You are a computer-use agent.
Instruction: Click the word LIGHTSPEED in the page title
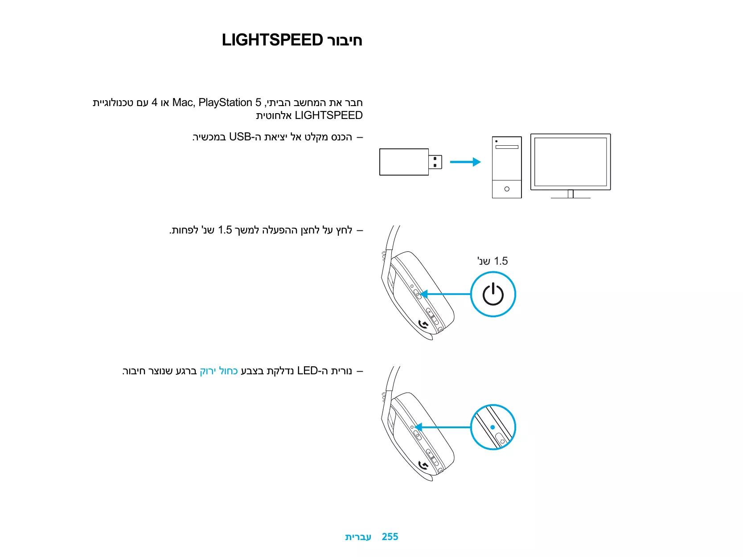click(272, 40)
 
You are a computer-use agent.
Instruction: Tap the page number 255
click(390, 537)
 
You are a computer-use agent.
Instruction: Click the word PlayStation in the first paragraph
click(225, 102)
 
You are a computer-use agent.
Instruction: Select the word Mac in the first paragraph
click(183, 102)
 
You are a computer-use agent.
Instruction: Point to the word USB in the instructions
click(240, 137)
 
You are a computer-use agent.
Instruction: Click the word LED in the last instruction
click(307, 371)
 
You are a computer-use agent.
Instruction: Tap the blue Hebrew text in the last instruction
click(218, 371)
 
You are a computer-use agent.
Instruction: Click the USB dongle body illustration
click(404, 162)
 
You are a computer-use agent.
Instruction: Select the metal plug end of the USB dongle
click(435, 162)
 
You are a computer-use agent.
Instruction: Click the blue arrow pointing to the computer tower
click(465, 162)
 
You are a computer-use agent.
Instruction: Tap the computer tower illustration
click(507, 167)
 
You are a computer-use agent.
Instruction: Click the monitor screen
click(571, 161)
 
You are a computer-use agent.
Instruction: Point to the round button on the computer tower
click(507, 189)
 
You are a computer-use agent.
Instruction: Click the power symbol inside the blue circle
click(493, 294)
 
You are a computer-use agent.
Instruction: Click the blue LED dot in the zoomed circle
click(493, 427)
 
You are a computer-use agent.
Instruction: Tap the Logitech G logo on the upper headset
click(424, 324)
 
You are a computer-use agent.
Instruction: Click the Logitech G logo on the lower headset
click(424, 466)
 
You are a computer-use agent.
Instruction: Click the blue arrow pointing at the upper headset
click(445, 294)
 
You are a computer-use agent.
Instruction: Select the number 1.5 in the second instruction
click(225, 230)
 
